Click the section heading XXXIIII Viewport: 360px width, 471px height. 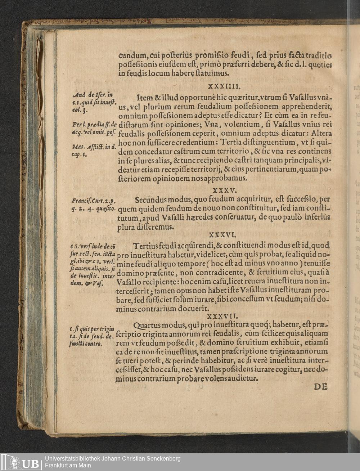(x=224, y=86)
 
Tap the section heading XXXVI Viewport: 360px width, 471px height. (x=223, y=235)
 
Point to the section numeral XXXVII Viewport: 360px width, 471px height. (x=223, y=317)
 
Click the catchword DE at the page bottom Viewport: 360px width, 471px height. (x=320, y=387)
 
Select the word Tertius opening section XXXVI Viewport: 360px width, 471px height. (x=148, y=246)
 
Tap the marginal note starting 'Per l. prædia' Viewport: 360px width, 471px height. (x=94, y=128)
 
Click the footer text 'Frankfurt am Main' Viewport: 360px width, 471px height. (x=68, y=465)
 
